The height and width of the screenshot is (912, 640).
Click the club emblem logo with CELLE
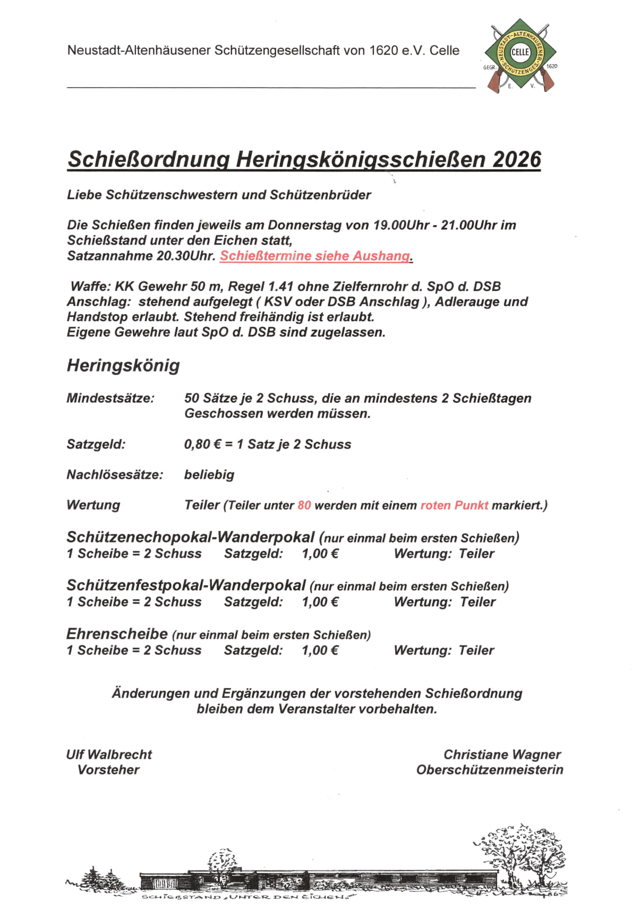pos(520,55)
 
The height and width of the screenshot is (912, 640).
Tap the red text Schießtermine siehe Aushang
pos(315,256)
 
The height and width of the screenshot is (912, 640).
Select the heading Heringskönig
pos(123,365)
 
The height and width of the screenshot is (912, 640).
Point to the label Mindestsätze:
pos(110,398)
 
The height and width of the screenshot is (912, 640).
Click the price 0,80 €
pos(202,444)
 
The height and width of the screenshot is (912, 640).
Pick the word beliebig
pos(209,475)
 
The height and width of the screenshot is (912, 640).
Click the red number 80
pos(304,505)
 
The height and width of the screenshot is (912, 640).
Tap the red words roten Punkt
pos(454,505)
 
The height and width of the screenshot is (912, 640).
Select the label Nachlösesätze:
pos(115,475)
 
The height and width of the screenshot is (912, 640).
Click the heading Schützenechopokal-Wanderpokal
pos(191,537)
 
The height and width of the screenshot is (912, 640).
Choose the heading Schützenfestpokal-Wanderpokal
pos(186,586)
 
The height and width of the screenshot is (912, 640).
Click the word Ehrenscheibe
pos(117,634)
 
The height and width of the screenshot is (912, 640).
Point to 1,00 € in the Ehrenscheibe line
pos(320,650)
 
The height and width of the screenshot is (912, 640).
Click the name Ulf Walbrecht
pos(109,754)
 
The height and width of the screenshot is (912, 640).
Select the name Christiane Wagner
pos(502,754)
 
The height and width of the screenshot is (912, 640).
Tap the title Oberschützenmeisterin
pos(490,770)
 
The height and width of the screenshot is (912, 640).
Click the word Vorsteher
pos(108,770)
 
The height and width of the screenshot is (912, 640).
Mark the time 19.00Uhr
pos(401,225)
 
